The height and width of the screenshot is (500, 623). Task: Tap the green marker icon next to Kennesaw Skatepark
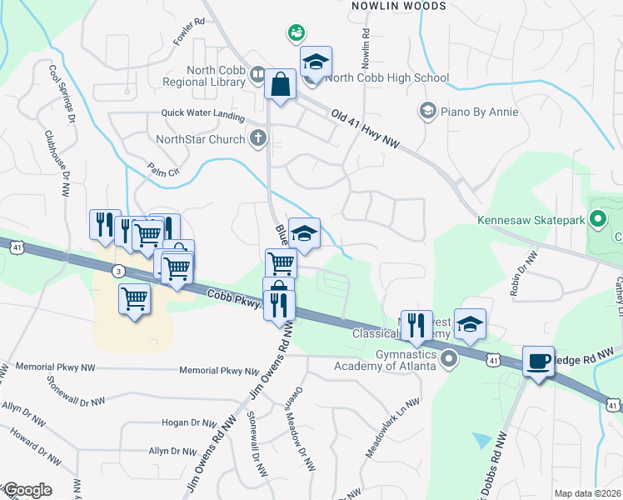[x=597, y=221]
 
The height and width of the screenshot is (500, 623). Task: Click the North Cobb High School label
[x=387, y=78]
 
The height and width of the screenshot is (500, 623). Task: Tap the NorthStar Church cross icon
[x=259, y=138]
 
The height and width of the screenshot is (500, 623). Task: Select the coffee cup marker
[x=538, y=362]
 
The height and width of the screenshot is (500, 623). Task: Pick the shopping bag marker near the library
[x=281, y=84]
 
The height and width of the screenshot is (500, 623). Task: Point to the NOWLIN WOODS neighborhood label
[x=398, y=6]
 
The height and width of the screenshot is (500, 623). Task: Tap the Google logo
[x=27, y=490]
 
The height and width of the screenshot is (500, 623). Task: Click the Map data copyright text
[x=588, y=493]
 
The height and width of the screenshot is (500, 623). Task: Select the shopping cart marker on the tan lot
[x=135, y=298]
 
